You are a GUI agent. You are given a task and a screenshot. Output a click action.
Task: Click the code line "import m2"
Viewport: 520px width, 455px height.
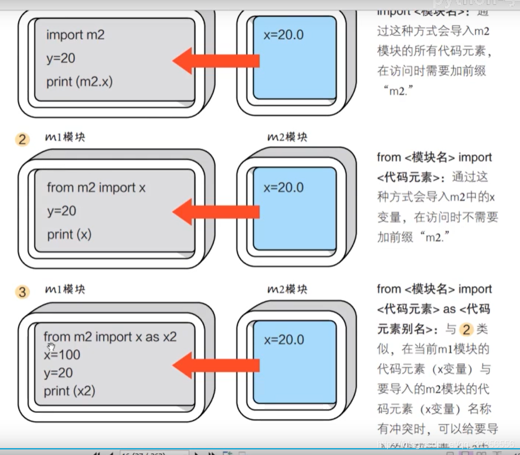pos(75,35)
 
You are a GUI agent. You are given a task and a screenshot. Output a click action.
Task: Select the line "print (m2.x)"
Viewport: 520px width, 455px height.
pos(79,82)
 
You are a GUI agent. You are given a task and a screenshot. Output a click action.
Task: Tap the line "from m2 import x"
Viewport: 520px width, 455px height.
pos(96,187)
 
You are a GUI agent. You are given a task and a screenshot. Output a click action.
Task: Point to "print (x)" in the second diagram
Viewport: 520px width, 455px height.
pos(69,234)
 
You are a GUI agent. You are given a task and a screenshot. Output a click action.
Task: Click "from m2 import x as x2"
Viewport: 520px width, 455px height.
pos(110,337)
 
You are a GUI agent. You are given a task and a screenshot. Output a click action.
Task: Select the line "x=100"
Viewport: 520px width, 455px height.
pos(62,355)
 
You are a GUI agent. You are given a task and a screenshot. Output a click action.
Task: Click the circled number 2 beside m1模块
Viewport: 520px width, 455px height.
pos(23,139)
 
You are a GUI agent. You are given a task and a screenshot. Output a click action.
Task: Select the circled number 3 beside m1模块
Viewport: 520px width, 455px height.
pos(23,292)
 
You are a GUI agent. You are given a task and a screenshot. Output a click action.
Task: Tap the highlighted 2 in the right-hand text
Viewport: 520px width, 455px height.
pos(466,330)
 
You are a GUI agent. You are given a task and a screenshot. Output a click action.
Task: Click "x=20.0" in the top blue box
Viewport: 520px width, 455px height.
pos(283,35)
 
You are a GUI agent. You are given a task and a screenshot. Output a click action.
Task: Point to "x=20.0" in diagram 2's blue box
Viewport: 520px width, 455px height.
pos(283,187)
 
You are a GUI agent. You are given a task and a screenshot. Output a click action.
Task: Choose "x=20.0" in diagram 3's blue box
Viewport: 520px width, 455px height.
pos(283,340)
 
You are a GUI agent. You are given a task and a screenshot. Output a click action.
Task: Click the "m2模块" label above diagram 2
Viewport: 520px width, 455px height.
pos(287,137)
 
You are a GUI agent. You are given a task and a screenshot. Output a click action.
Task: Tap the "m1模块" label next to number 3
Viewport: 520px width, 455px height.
pos(65,290)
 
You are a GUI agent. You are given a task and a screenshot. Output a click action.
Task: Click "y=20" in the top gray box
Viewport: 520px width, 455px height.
pos(61,58)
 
